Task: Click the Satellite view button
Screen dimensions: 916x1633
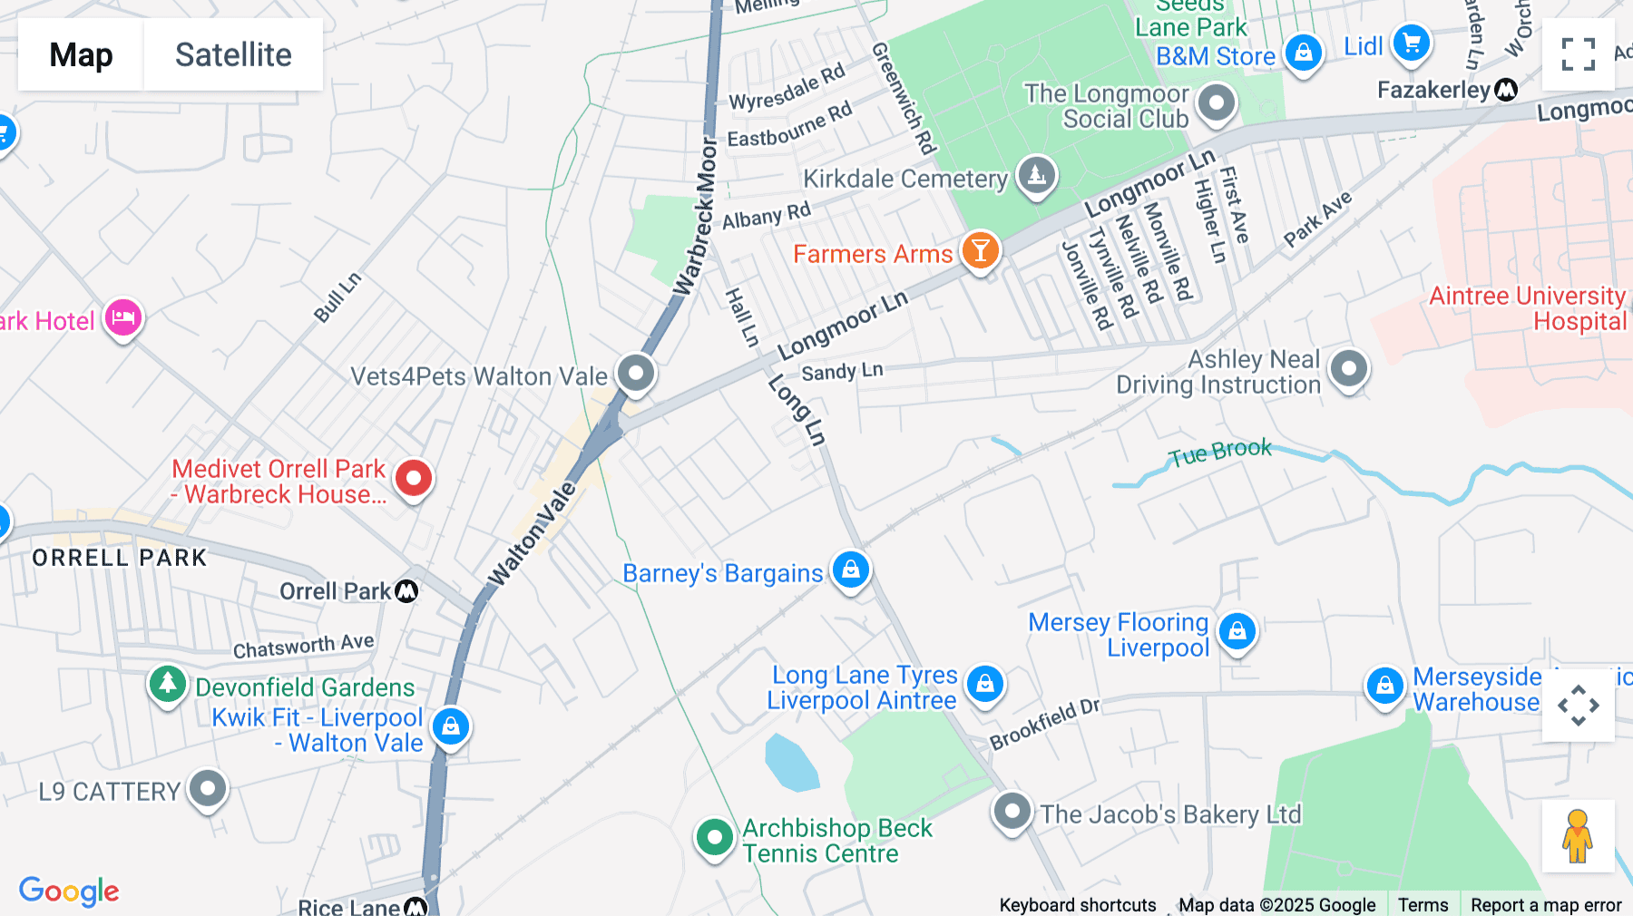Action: click(233, 54)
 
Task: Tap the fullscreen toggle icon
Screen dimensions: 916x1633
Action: click(1578, 54)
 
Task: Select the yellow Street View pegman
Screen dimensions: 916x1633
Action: click(1578, 836)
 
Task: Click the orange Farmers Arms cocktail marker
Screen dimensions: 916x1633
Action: click(980, 250)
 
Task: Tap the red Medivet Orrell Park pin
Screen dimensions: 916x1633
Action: click(414, 478)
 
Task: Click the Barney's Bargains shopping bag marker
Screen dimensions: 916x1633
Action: click(850, 570)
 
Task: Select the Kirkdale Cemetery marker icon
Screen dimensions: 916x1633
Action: click(1037, 174)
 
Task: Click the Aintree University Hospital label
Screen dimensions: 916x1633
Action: click(1528, 308)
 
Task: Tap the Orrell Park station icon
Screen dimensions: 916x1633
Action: click(407, 591)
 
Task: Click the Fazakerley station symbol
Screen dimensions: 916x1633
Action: click(1506, 89)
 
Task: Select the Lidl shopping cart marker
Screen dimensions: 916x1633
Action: click(1411, 43)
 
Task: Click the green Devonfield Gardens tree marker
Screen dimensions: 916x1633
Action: click(167, 684)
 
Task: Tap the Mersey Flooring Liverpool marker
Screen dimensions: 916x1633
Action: click(1237, 630)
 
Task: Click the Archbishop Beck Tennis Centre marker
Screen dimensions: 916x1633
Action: click(714, 837)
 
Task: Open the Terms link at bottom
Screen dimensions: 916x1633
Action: click(1423, 905)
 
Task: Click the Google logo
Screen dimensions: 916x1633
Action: click(69, 891)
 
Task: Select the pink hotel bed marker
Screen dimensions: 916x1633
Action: click(123, 317)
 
